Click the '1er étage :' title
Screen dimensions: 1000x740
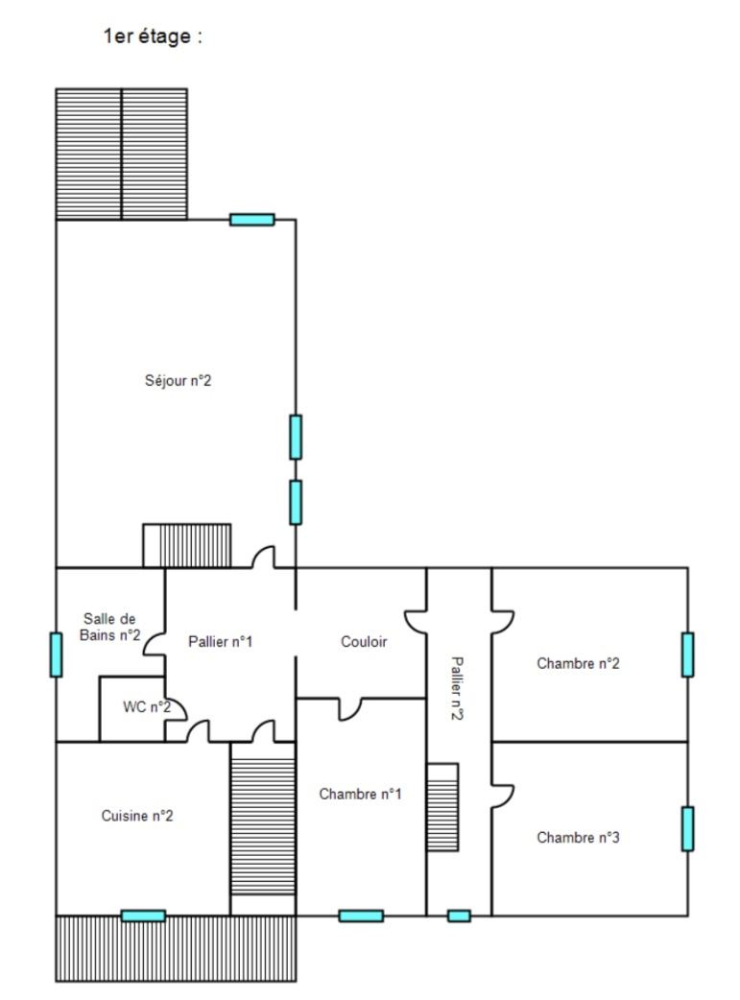coord(154,37)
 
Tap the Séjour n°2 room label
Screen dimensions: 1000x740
coord(179,381)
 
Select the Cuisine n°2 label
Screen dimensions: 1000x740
coord(137,816)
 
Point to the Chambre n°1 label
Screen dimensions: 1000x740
coord(360,794)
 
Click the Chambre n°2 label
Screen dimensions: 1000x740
coord(578,662)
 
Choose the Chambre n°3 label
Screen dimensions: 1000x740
coord(578,837)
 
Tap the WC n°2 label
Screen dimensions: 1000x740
coord(147,707)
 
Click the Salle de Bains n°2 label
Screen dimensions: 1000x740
coord(112,627)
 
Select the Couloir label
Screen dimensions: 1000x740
coord(364,642)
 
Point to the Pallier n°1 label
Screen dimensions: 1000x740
coord(220,642)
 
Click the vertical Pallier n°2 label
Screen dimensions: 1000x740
coord(458,688)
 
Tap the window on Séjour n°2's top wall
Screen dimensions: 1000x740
coord(252,220)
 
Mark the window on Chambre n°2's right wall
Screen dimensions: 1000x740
coord(687,655)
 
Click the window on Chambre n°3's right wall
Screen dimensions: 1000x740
coord(687,828)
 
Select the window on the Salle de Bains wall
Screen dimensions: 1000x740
coord(56,655)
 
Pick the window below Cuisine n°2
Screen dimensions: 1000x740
coord(143,916)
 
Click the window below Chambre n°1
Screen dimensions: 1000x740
coord(361,916)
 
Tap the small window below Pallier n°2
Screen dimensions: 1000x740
coord(460,916)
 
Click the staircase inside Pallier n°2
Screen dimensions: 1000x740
coord(442,807)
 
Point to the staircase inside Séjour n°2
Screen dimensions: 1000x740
coord(187,545)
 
